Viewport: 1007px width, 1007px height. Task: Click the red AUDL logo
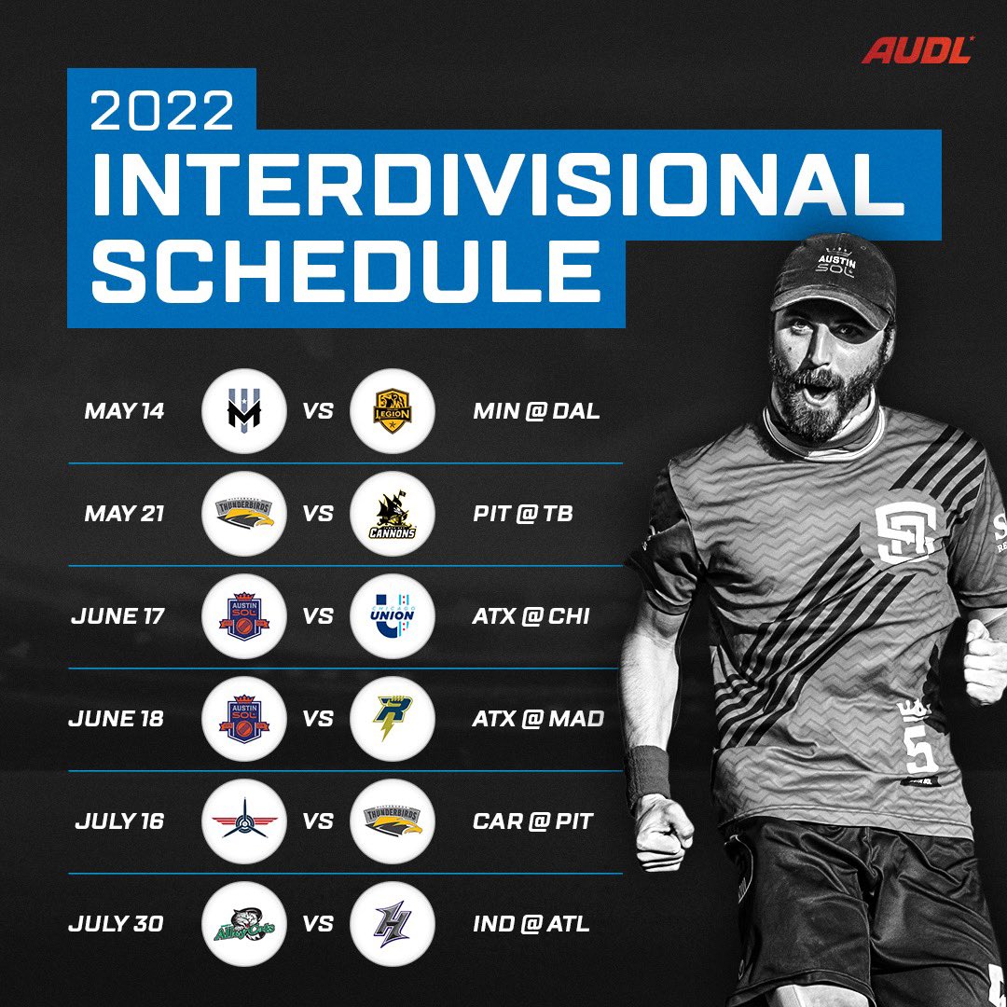(x=917, y=49)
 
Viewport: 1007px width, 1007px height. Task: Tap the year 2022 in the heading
(x=162, y=110)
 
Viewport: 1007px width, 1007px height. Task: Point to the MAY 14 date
(x=124, y=411)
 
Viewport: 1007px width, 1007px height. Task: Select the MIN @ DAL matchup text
(x=536, y=411)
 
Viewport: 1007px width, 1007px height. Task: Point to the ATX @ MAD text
(x=538, y=719)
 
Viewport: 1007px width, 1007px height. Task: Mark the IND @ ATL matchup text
(x=531, y=924)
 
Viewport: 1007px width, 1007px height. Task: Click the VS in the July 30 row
(x=319, y=924)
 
